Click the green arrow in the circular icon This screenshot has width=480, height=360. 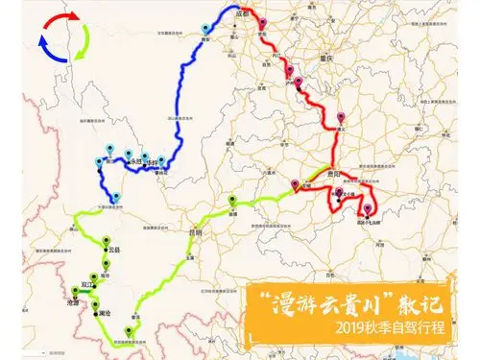pos(84,43)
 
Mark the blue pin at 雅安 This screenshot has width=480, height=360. pos(205,31)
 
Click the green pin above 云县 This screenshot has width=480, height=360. pos(108,241)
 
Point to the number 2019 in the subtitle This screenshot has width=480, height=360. pos(354,327)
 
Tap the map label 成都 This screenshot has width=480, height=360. pos(242,16)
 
